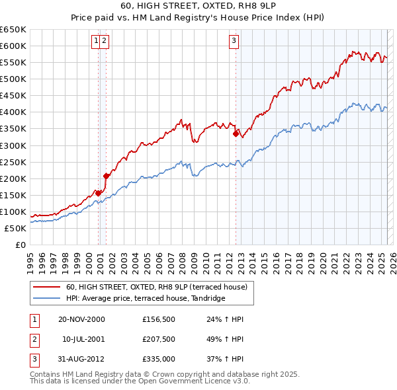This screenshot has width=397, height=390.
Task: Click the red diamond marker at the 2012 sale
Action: tap(236, 133)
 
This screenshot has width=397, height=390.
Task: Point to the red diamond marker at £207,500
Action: tap(106, 175)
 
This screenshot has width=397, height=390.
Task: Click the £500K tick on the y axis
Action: tap(13, 79)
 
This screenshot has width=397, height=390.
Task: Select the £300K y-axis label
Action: tap(13, 145)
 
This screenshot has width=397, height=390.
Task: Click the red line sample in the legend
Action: tap(47, 287)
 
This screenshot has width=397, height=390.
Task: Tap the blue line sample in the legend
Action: tap(47, 299)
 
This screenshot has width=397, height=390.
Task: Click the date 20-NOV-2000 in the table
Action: tap(81, 319)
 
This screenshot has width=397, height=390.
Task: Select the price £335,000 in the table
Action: tap(158, 359)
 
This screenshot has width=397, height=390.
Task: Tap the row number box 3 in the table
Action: tap(33, 359)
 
